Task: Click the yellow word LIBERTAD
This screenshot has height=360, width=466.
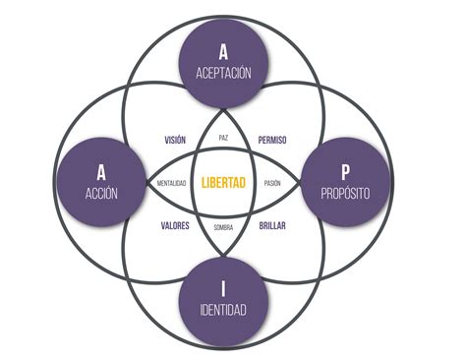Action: [223, 183]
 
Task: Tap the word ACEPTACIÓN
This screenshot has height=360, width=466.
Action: [223, 73]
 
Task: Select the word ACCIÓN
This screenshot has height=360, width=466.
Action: [101, 193]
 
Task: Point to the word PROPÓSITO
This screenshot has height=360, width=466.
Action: [345, 193]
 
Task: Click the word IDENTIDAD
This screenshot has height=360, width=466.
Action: [223, 309]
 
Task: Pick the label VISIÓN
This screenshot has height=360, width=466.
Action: [175, 140]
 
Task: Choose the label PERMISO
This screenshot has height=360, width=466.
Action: [272, 140]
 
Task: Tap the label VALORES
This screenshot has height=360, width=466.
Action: [175, 225]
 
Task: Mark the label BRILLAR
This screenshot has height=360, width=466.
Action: [272, 225]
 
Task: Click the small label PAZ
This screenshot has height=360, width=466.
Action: [223, 138]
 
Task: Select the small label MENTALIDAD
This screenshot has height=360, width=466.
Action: [171, 183]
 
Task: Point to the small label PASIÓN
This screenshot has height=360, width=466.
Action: [272, 183]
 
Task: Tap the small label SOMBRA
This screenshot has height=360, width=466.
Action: [223, 227]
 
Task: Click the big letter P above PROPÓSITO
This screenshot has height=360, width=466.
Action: [345, 172]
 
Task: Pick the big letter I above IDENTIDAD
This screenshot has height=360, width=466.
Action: [223, 288]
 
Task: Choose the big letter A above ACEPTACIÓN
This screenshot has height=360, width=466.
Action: [223, 52]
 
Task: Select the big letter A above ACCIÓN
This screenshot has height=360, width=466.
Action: [101, 172]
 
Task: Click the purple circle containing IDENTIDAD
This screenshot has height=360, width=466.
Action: [223, 302]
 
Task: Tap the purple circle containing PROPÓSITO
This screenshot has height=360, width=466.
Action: [345, 182]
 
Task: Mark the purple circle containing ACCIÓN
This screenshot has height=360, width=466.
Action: [101, 182]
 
